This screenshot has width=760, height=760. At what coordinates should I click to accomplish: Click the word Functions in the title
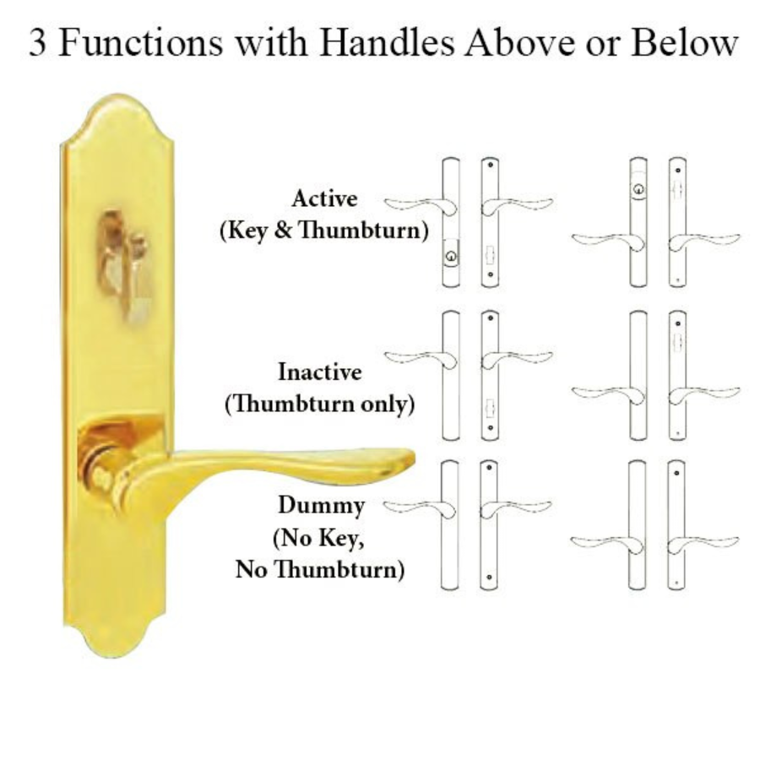click(140, 43)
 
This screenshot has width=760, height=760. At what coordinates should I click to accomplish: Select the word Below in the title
click(684, 43)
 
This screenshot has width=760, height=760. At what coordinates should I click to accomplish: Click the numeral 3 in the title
click(38, 44)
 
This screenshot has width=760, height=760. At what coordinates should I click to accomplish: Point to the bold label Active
click(325, 198)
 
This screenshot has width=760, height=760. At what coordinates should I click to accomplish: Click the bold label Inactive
click(320, 372)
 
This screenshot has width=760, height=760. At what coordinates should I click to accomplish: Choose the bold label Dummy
click(321, 506)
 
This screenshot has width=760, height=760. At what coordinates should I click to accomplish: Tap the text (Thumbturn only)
click(320, 404)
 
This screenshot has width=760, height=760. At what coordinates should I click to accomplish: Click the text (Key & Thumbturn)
click(323, 231)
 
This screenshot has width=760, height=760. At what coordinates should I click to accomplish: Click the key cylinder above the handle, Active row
click(639, 188)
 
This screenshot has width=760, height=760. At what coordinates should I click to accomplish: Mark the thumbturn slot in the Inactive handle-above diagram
click(489, 408)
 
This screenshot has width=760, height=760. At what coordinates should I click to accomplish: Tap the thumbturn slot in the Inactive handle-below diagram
click(677, 342)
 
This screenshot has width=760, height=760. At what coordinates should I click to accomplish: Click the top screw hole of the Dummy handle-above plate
click(489, 468)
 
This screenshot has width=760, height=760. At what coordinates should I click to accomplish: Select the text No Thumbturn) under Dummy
click(320, 569)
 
